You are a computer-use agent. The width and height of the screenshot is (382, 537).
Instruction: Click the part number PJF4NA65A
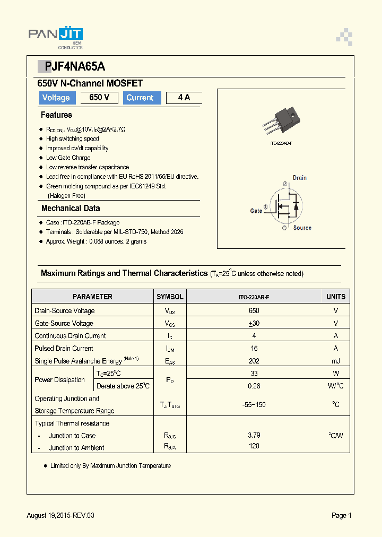[x=71, y=66]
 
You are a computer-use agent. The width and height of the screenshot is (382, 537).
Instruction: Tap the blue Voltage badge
[x=56, y=98]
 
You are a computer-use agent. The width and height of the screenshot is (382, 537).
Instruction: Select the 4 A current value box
[x=184, y=98]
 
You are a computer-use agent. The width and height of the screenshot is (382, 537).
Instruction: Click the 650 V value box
[x=99, y=98]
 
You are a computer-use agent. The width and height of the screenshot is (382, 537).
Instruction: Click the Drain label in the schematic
[x=299, y=178]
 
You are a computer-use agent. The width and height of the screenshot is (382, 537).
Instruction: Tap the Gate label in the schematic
[x=256, y=211]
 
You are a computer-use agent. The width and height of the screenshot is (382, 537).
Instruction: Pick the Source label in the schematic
[x=302, y=228]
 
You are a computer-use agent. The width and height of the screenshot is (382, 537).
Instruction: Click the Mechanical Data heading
[x=71, y=209]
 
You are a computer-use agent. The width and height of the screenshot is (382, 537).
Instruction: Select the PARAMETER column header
[x=92, y=297]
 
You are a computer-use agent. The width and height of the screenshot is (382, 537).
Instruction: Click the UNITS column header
[x=335, y=297]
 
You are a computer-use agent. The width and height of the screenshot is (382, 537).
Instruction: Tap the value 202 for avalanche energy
[x=254, y=361]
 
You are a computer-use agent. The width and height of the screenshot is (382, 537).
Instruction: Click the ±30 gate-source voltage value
[x=254, y=323]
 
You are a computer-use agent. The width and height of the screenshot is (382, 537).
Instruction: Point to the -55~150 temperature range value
[x=254, y=405]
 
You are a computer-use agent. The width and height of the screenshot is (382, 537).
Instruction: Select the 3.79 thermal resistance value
[x=254, y=435]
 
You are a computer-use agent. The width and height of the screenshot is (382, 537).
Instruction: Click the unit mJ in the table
[x=335, y=361]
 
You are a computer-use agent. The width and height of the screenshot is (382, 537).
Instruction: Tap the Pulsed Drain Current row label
[x=64, y=349]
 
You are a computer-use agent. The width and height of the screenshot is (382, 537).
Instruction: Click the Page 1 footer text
[x=342, y=515]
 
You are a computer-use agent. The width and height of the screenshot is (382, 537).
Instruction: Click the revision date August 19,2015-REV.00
[x=60, y=515]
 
